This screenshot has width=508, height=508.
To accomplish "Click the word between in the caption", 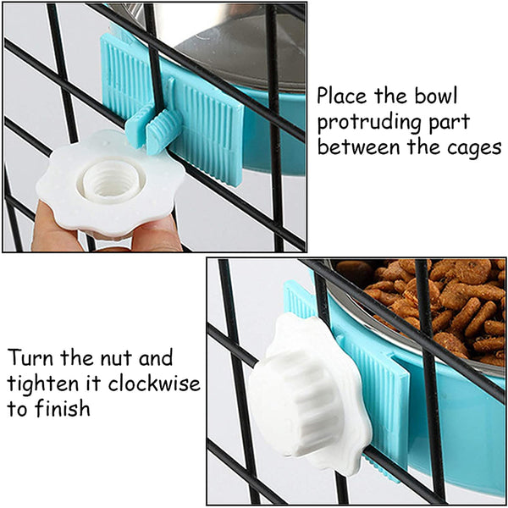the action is point(359,146).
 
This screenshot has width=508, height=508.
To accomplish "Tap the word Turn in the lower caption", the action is point(30,357).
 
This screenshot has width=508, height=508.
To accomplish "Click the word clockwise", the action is point(154,384).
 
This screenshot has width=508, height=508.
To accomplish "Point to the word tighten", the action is point(43,384).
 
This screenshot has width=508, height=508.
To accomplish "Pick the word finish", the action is point(63,408).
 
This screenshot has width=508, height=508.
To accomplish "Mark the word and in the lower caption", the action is point(156,357).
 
